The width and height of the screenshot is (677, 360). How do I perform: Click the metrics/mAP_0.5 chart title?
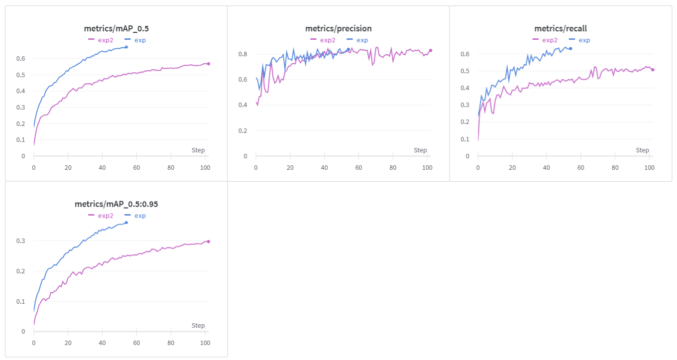[116, 28]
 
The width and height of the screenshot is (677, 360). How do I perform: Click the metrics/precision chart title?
[338, 28]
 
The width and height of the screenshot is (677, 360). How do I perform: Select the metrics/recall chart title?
[561, 28]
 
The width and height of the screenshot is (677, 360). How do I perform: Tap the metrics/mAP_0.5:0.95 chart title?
[116, 204]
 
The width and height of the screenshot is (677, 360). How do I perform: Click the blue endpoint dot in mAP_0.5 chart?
[126, 47]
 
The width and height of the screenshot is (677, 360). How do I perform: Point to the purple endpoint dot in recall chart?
[653, 70]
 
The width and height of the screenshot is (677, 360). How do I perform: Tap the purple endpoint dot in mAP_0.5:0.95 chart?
[209, 241]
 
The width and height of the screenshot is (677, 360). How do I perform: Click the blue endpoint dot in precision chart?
[348, 49]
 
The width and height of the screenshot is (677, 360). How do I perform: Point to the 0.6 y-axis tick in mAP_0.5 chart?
[20, 58]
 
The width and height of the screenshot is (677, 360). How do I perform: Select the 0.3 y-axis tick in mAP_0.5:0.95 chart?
[20, 241]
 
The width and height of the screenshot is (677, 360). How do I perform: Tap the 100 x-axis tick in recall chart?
[649, 168]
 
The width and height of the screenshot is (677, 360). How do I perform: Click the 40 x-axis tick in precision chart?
[324, 168]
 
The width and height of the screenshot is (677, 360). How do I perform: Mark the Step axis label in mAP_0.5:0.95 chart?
[198, 325]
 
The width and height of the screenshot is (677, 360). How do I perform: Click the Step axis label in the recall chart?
[642, 150]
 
